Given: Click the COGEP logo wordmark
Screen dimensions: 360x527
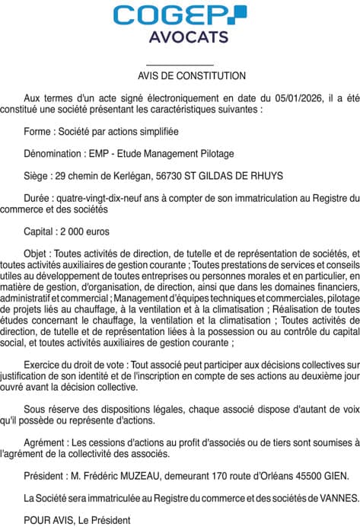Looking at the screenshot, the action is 179,15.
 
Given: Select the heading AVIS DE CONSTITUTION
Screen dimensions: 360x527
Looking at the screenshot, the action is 180,76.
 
